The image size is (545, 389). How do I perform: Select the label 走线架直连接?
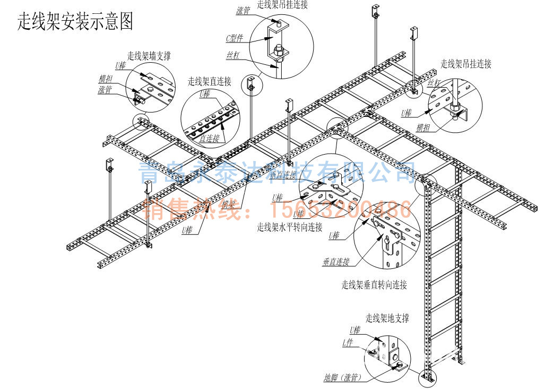(209, 81)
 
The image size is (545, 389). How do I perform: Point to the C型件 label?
(235, 38)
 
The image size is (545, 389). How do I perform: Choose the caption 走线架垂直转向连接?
(374, 285)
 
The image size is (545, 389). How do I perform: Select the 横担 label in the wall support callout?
(105, 79)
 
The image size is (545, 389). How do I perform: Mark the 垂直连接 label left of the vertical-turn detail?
(335, 262)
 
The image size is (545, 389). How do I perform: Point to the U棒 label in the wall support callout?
(120, 66)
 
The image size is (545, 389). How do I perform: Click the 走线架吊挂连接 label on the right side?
(465, 64)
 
